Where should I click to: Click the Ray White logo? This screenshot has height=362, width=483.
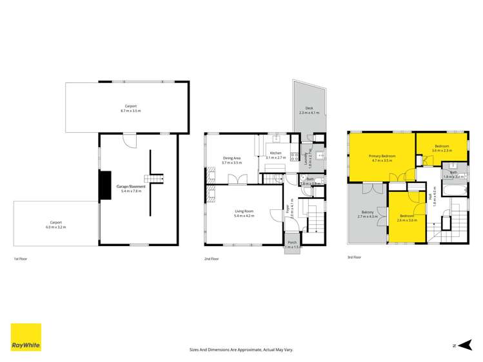tap(26, 337)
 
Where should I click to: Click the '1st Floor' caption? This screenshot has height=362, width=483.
tap(21, 258)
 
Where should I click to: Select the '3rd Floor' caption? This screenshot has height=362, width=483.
tap(355, 256)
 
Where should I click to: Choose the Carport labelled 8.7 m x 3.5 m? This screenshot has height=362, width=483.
tap(128, 108)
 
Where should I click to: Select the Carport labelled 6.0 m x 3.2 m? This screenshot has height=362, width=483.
tap(56, 224)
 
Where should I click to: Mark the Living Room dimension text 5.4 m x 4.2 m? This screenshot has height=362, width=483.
tap(243, 216)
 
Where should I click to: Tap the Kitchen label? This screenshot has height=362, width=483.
tap(276, 153)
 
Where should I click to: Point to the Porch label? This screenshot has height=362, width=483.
tap(292, 243)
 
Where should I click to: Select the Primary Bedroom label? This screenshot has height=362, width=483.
tap(382, 157)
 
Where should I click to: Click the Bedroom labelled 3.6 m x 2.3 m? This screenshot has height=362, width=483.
tap(442, 146)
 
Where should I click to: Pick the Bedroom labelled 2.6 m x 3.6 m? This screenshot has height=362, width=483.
tap(408, 216)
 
